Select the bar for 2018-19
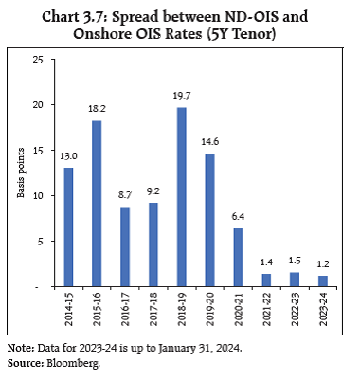tap(181, 197)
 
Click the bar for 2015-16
tap(96, 204)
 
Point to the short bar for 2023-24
tap(323, 280)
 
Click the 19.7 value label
tap(181, 99)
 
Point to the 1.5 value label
tap(295, 263)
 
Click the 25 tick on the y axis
tap(39, 60)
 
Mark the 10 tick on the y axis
tap(39, 196)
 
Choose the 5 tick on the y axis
tap(42, 242)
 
